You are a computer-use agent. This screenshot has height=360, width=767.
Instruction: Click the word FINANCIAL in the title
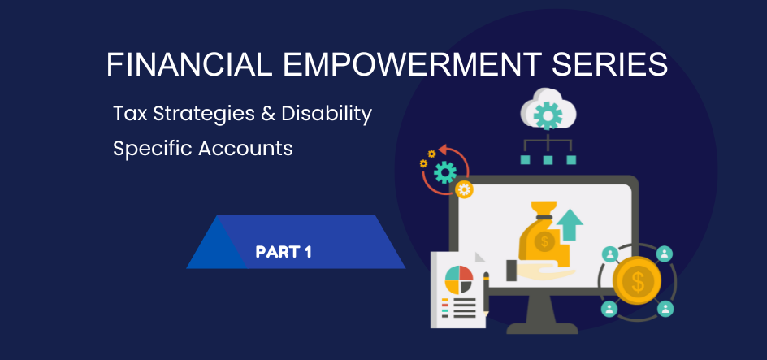189,64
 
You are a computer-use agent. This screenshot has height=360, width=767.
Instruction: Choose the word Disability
327,115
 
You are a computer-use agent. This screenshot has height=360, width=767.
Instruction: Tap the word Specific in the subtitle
153,149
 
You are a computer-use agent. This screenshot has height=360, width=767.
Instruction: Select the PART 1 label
284,253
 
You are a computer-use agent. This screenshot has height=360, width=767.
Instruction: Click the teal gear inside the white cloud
548,115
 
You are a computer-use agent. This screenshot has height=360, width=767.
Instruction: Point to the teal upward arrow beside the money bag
570,224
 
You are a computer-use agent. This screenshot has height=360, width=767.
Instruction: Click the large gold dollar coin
637,280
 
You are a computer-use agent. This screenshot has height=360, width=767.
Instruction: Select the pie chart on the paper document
459,280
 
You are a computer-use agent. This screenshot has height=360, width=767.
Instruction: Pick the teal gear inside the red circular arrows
444,172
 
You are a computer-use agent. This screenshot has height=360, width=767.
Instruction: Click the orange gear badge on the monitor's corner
464,189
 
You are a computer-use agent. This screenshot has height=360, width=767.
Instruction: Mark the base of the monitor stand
542,327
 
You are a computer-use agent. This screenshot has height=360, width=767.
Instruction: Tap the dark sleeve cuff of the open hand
511,271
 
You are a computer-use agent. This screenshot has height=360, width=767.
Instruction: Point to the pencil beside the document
486,293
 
